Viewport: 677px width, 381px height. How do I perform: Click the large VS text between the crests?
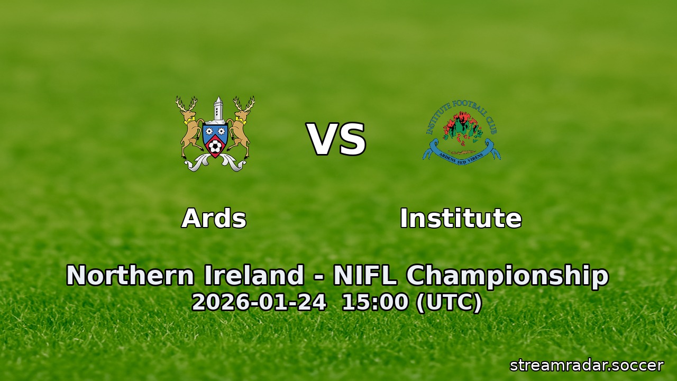(x=336, y=140)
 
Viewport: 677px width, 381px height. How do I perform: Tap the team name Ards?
(x=214, y=218)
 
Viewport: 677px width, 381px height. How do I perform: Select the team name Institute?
(x=461, y=218)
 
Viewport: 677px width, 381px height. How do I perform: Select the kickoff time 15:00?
(x=375, y=303)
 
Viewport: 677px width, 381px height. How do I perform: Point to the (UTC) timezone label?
(x=449, y=303)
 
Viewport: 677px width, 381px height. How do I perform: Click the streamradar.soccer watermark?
(x=586, y=365)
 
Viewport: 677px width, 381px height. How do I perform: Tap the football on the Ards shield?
(x=215, y=147)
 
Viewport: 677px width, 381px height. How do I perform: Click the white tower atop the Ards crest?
(x=216, y=110)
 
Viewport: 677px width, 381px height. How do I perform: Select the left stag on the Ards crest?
(x=189, y=127)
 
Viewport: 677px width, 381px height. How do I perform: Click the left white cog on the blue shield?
(x=209, y=130)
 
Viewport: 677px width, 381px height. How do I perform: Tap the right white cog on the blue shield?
(x=222, y=130)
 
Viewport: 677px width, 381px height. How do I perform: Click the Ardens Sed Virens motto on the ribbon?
(x=461, y=158)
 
